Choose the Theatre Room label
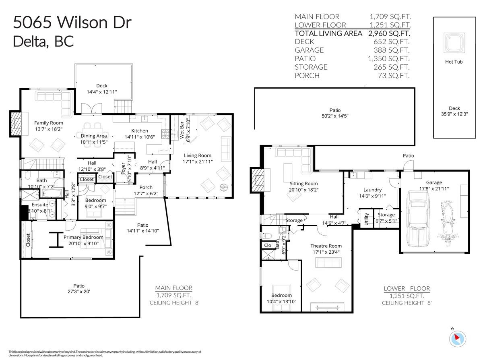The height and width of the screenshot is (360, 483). point(326,246)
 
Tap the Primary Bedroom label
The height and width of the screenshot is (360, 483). point(83,237)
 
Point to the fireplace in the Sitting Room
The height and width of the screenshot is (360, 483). point(256,180)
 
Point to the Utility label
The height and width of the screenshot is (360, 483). point(366,219)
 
